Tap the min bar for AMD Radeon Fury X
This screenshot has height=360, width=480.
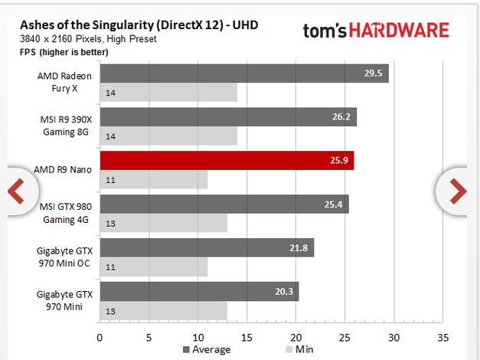point(168,93)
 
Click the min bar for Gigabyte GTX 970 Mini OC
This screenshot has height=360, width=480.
point(153,267)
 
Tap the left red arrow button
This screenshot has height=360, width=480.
point(16,190)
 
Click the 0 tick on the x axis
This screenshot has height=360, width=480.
point(100,335)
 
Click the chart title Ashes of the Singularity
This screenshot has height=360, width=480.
point(139,24)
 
